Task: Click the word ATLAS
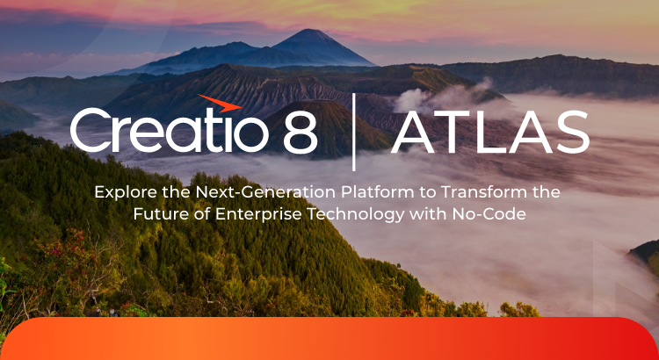[490, 133]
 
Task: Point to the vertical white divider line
[353, 132]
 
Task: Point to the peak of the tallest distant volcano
[310, 32]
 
